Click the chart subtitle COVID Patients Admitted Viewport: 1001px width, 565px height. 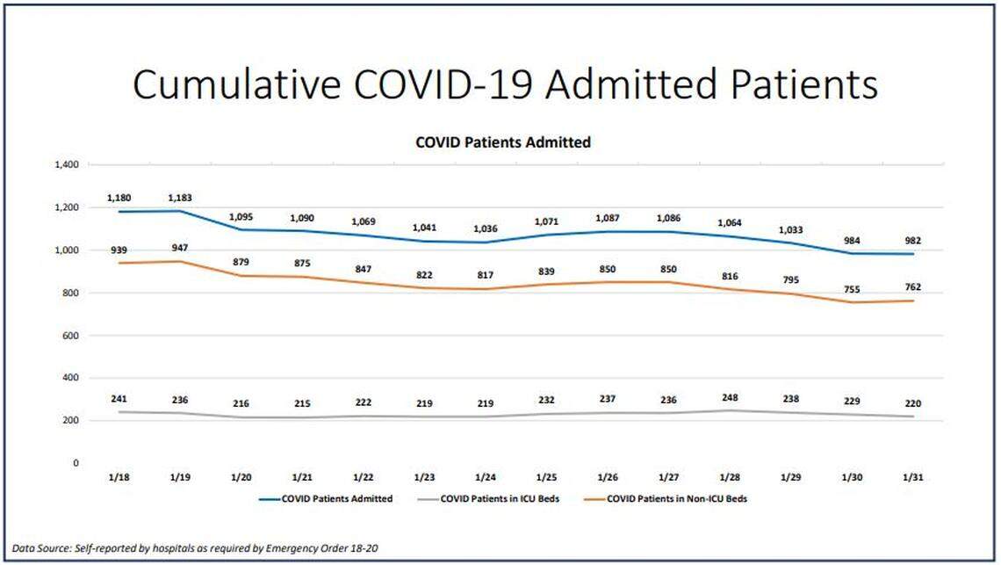point(502,141)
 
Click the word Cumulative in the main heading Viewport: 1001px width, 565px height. point(236,85)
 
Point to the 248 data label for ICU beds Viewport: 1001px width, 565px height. point(728,397)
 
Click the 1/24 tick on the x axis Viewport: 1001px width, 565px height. point(486,476)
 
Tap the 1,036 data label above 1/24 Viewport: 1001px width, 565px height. point(486,228)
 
